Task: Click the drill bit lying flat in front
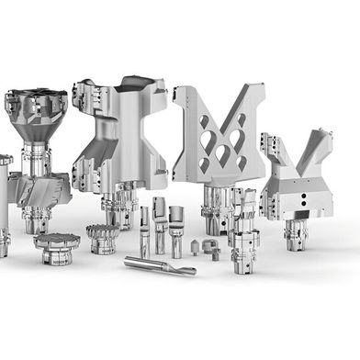point(160,266)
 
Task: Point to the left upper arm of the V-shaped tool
point(275,145)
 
